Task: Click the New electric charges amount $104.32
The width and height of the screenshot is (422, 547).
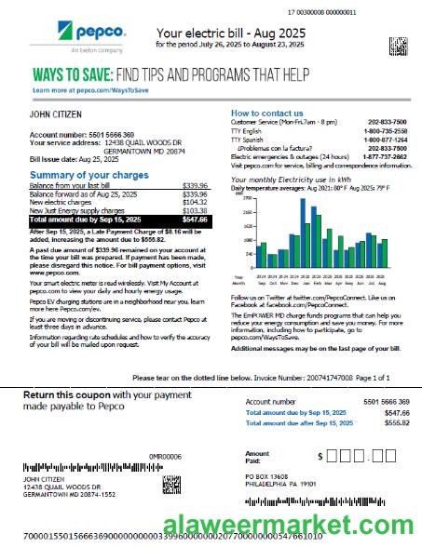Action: (195, 202)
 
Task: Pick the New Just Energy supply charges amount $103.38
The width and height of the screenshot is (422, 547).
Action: (195, 211)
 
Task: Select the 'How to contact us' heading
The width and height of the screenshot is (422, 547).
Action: (265, 113)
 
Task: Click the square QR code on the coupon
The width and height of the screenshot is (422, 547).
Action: (170, 484)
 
